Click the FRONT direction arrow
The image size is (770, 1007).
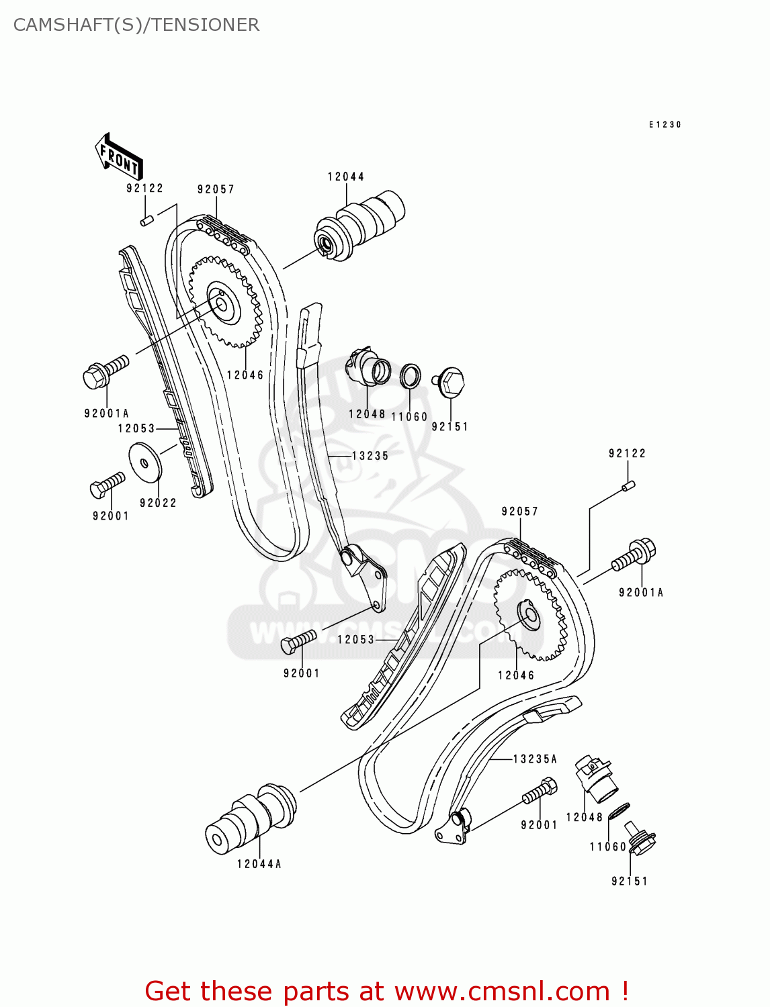tap(120, 157)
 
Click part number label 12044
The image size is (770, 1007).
tap(346, 177)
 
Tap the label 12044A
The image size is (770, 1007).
tap(259, 865)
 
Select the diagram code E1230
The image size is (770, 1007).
tap(665, 125)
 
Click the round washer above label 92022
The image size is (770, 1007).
tap(145, 462)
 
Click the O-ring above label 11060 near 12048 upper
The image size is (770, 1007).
tap(411, 377)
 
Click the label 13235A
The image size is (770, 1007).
tap(536, 759)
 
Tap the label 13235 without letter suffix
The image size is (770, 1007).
tap(370, 457)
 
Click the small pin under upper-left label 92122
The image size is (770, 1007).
tap(148, 220)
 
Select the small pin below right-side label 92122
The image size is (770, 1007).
tap(628, 485)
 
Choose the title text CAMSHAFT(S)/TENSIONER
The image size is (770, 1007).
tap(136, 25)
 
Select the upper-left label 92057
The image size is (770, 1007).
tap(216, 190)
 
